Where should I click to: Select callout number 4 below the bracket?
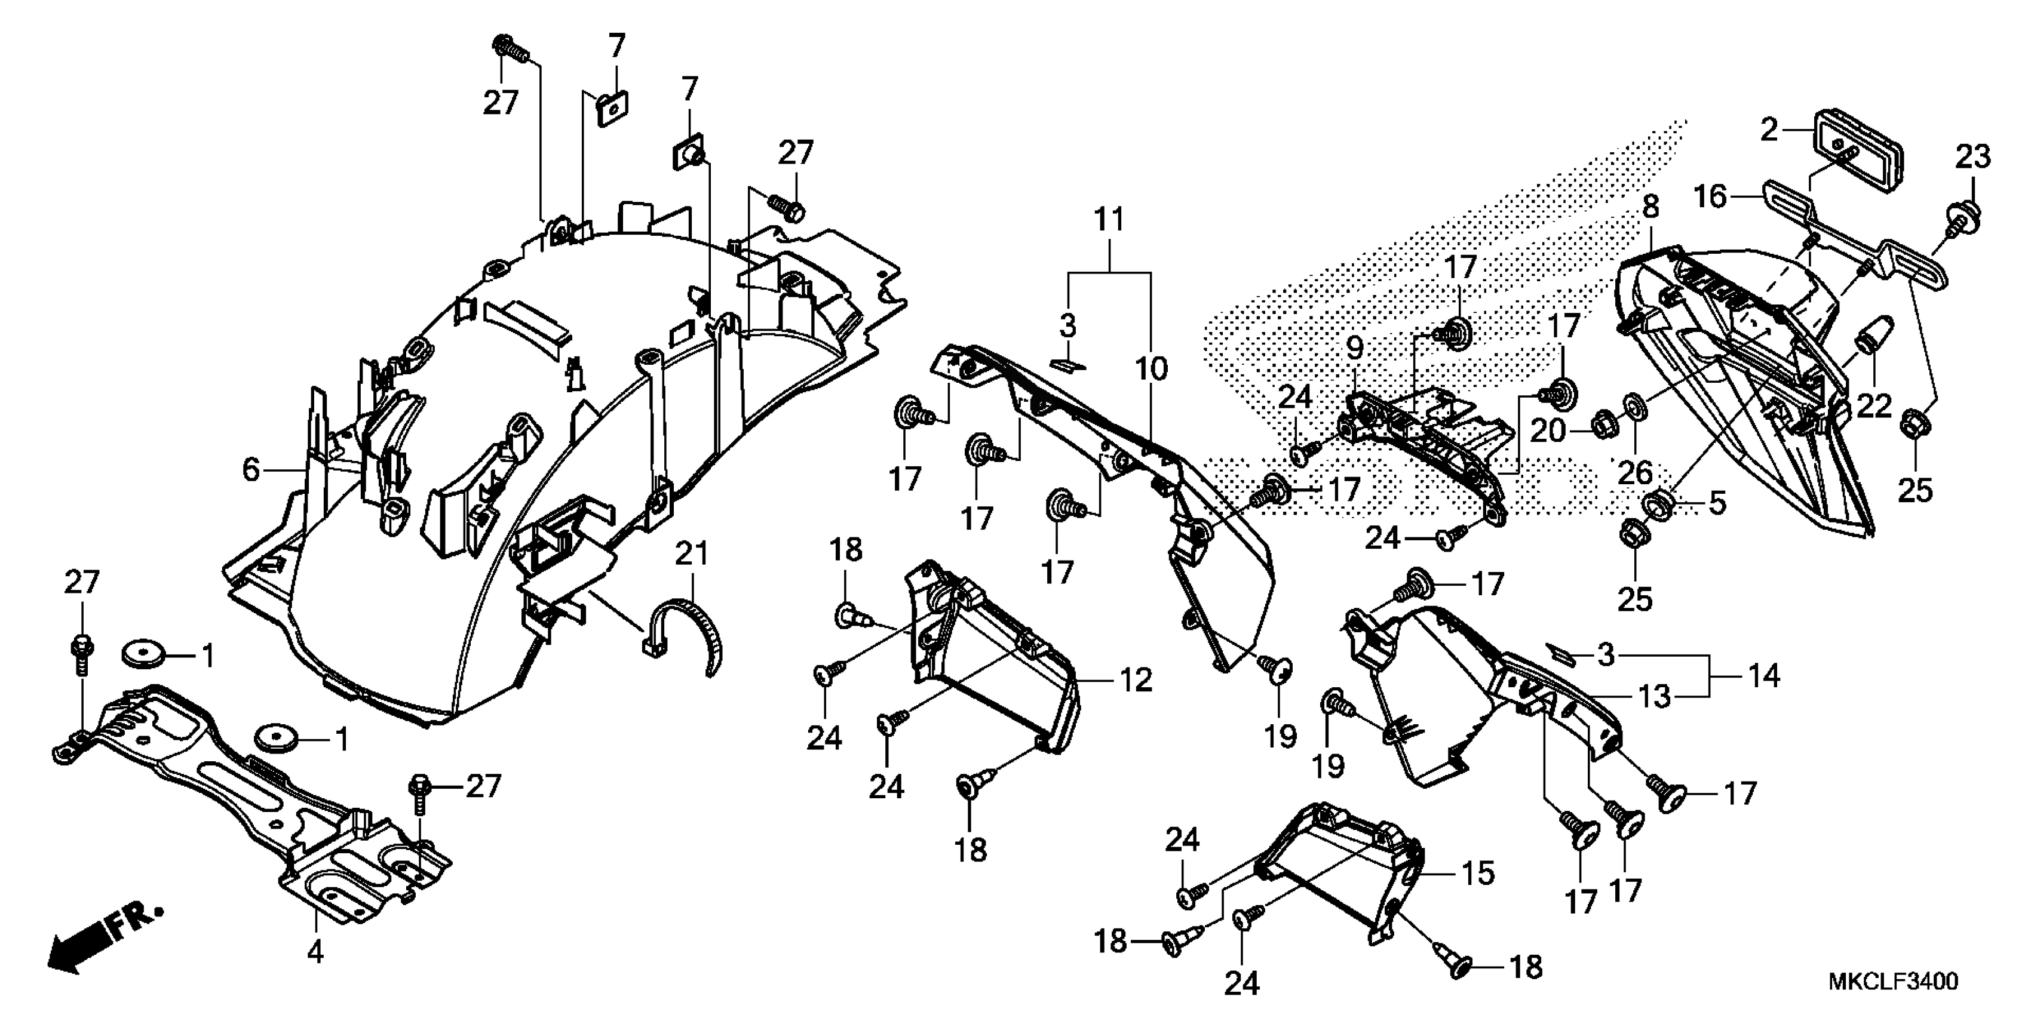click(x=315, y=953)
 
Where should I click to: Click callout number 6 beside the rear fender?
click(x=251, y=470)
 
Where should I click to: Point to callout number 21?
click(x=692, y=553)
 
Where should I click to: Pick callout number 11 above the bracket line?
click(x=1109, y=220)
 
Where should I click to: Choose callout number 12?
click(x=1136, y=680)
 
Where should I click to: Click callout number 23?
click(x=1972, y=158)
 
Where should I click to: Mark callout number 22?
click(x=1875, y=406)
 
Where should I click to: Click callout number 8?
click(x=1650, y=207)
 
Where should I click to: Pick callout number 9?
click(x=1354, y=347)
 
